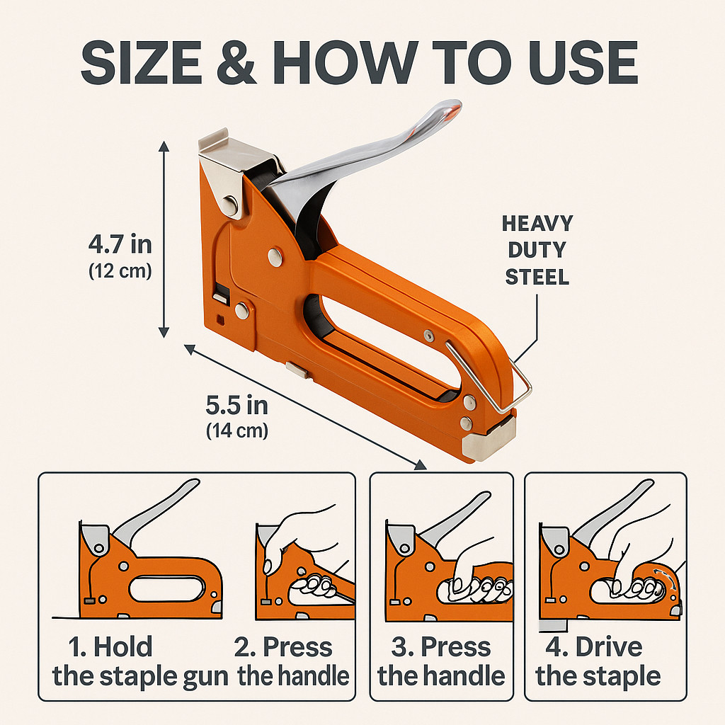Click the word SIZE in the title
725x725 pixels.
pos(142,62)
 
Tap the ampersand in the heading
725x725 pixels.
pos(236,62)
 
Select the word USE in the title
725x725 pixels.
pos(583,62)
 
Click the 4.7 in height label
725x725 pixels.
pos(120,244)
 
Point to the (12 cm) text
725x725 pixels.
pos(120,270)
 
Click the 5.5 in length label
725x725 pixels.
pos(236,406)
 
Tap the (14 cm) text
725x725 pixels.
pos(236,431)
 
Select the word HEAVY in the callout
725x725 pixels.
pos(537,224)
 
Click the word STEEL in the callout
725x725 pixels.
pos(537,278)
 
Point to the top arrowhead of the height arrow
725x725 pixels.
pos(164,146)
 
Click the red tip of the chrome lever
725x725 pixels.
pos(452,111)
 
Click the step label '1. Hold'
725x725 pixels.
pos(110,646)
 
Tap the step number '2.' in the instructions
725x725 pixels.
pos(245,647)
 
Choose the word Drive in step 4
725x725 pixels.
pos(608,646)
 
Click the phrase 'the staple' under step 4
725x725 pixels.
pos(598,676)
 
